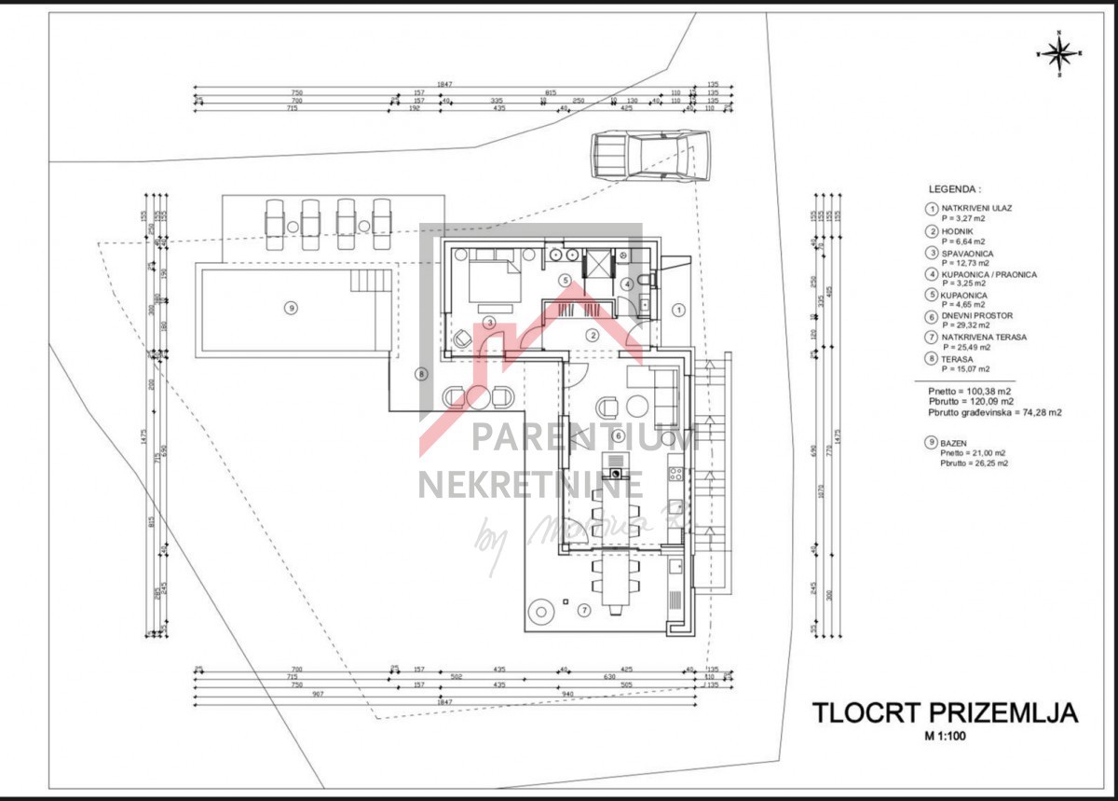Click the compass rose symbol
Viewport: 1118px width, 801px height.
click(x=1058, y=54)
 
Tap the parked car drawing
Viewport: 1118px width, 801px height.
click(x=649, y=154)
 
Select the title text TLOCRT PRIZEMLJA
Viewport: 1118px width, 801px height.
click(x=945, y=713)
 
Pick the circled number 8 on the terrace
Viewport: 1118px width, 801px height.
click(x=420, y=375)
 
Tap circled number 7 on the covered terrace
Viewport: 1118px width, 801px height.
click(x=584, y=611)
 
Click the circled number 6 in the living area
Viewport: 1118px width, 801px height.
click(x=617, y=435)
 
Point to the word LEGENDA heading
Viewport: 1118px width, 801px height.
click(x=955, y=187)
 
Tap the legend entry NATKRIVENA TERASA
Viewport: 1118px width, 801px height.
click(x=984, y=338)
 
